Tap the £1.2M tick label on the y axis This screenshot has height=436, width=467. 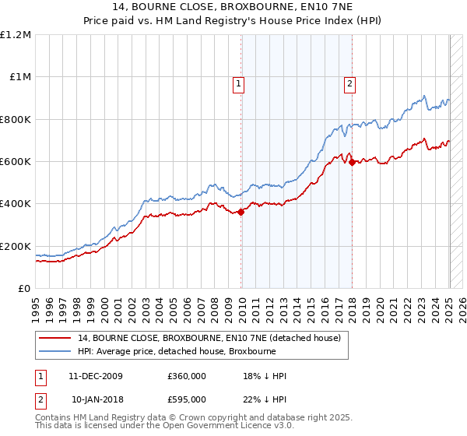point(16,35)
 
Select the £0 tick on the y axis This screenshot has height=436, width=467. point(23,289)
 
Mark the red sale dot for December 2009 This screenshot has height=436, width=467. point(241,211)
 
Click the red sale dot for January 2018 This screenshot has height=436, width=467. point(352,163)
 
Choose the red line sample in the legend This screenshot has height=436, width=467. point(56,338)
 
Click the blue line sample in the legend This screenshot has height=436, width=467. point(56,351)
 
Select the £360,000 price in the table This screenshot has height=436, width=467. point(187,377)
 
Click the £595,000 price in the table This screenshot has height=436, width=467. point(187,399)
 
